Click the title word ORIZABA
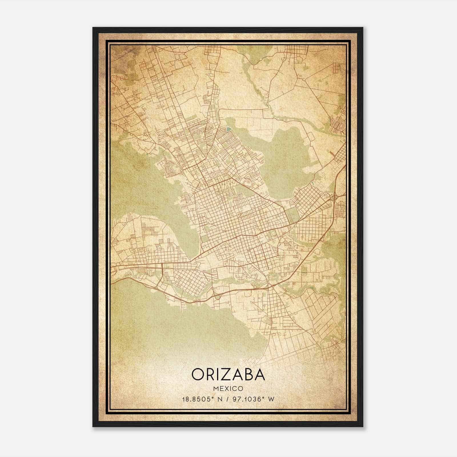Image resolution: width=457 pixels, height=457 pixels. pyautogui.click(x=228, y=374)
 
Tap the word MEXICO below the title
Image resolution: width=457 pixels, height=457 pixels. pyautogui.click(x=228, y=389)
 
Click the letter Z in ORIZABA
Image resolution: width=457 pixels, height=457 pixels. pyautogui.click(x=226, y=374)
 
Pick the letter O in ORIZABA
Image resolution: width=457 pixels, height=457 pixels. pyautogui.click(x=198, y=374)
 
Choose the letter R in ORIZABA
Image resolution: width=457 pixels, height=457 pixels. pyautogui.click(x=210, y=374)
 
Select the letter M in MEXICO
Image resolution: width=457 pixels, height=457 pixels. pyautogui.click(x=216, y=389)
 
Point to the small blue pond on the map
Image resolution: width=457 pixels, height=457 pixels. pyautogui.click(x=227, y=129)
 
